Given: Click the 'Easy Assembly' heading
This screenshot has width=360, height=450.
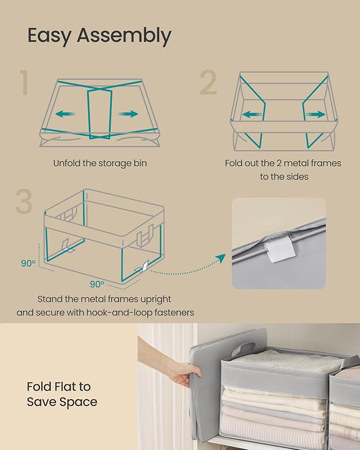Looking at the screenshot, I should point(99,36).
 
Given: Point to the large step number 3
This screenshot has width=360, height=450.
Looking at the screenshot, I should point(23,201).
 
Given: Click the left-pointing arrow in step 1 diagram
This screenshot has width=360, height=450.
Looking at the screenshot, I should point(66,113).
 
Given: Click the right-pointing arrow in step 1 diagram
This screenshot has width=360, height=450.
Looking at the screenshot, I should point(128,113).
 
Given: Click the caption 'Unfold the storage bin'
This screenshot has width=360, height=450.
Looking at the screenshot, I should point(100,163).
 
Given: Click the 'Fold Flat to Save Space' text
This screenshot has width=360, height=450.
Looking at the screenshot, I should point(62,394).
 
